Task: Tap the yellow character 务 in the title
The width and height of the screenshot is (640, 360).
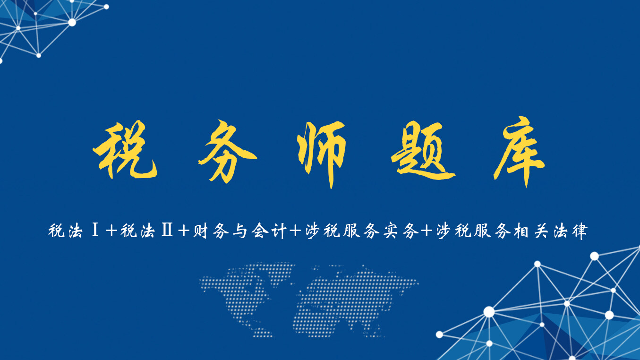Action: [x=227, y=152]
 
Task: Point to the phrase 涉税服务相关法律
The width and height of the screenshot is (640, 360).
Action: [x=512, y=232]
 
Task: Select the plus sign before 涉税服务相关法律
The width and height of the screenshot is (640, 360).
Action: [x=427, y=232]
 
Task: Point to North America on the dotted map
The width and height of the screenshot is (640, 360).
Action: [x=236, y=283]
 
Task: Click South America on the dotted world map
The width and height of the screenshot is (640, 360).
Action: [x=265, y=326]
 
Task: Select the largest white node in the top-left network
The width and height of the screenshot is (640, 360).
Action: [x=72, y=22]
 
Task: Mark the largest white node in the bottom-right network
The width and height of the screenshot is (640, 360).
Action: [x=489, y=312]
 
